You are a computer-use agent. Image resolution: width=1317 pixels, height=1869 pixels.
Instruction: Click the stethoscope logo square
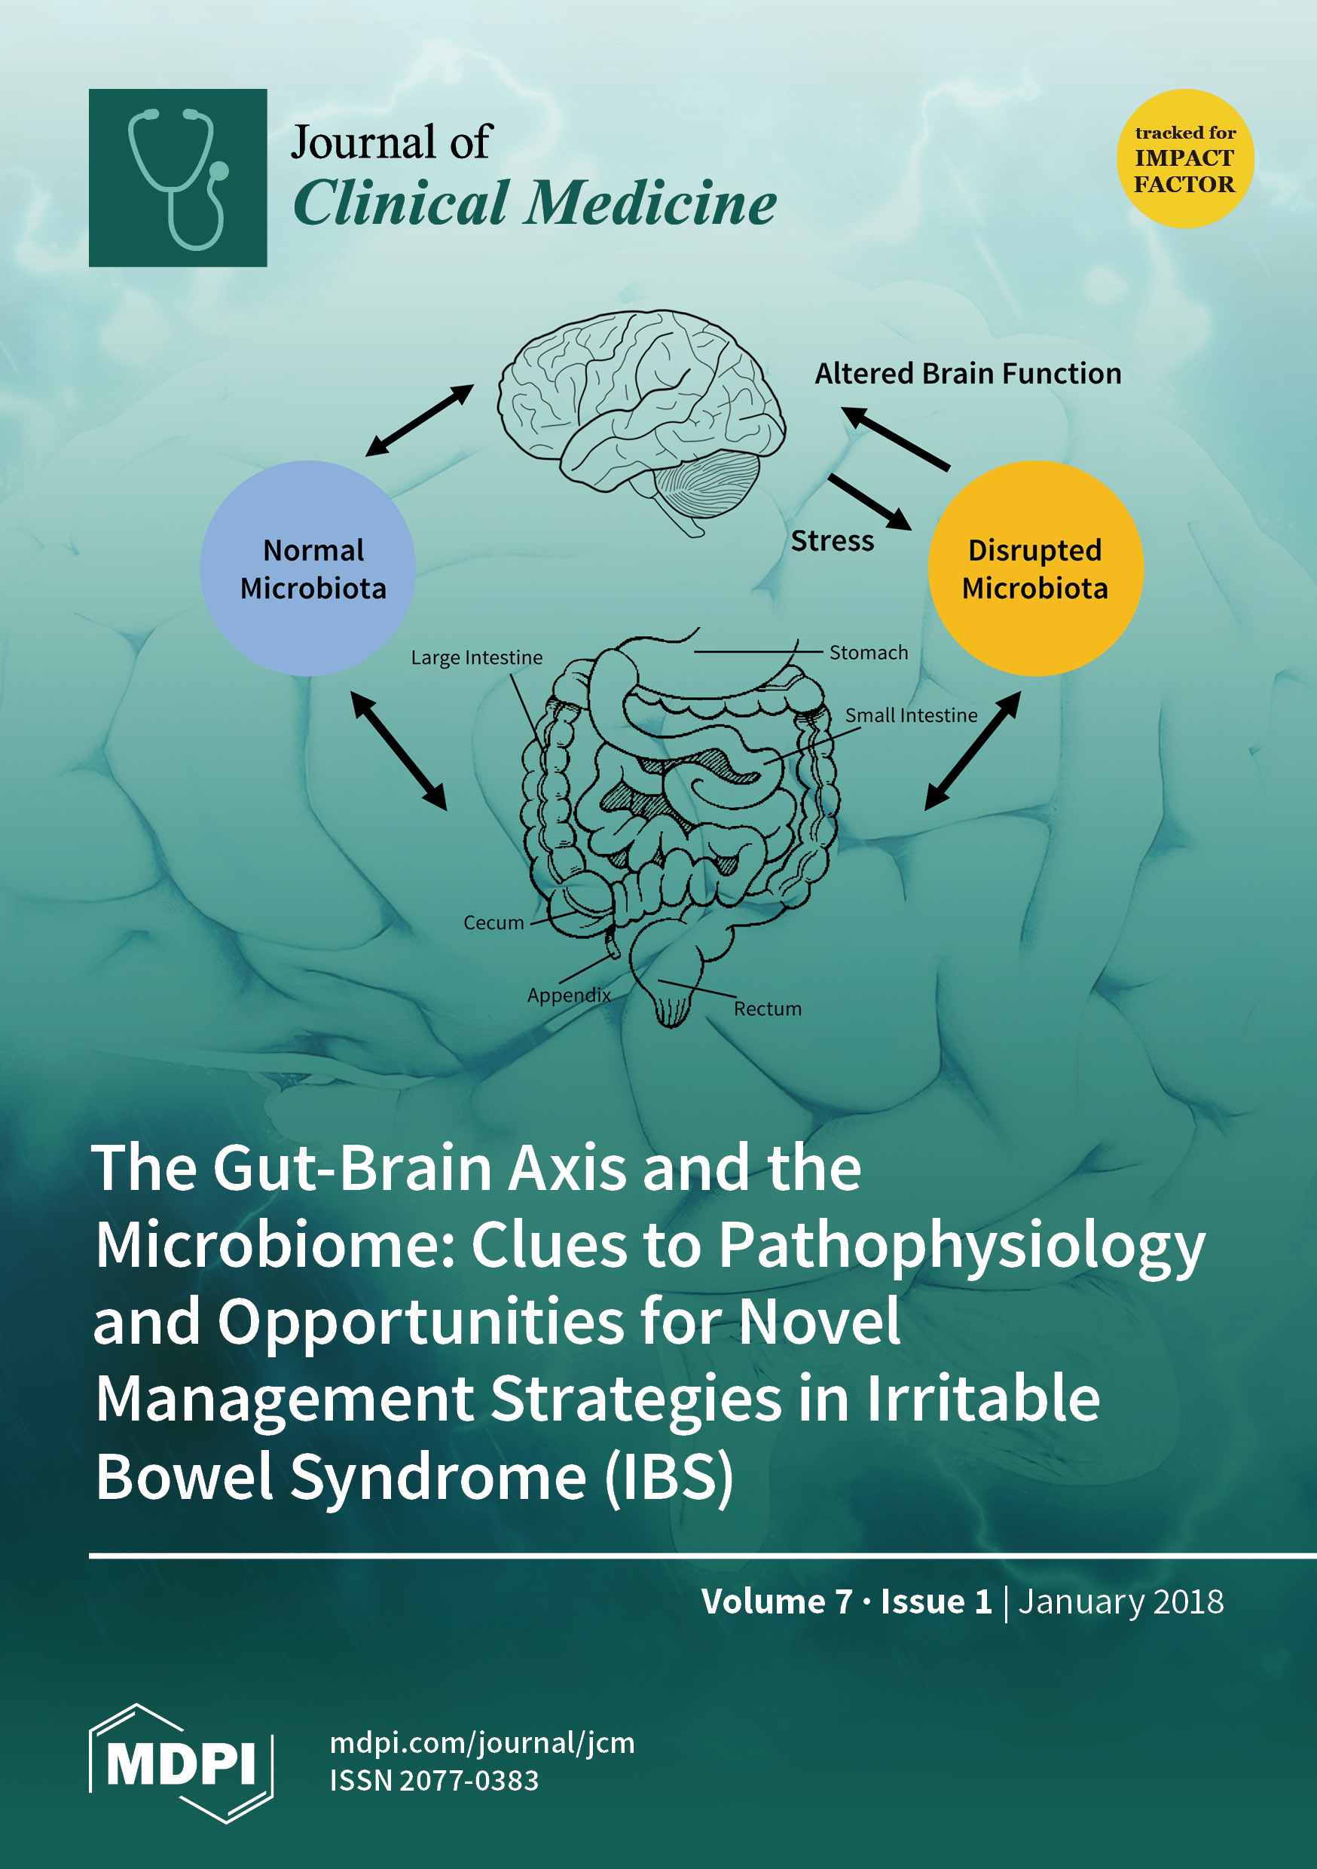point(178,177)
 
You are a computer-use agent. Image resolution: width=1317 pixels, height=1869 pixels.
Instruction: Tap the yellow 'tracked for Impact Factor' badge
point(1184,158)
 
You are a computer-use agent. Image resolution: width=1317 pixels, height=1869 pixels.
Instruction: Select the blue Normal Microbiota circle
point(307,568)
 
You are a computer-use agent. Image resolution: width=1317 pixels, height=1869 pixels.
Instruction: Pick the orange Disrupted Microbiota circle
point(1035,568)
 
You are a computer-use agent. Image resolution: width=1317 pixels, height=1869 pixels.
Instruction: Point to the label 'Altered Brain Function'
point(968,374)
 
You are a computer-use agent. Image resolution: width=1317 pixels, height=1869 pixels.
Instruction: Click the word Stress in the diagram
point(832,540)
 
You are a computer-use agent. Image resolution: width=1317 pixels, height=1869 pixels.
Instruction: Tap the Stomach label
point(869,652)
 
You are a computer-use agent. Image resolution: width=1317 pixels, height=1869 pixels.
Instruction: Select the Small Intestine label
point(911,714)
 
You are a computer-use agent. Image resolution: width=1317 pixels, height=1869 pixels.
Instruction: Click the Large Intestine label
point(476,657)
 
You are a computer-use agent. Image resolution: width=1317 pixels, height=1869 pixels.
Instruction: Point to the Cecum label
point(493,922)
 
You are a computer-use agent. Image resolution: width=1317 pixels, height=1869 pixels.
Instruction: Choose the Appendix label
point(568,995)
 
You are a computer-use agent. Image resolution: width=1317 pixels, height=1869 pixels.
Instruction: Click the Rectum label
point(768,1008)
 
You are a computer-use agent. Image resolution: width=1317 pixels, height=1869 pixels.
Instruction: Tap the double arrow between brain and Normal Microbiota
point(418,420)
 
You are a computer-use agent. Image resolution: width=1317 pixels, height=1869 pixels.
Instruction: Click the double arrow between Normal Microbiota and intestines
point(399,751)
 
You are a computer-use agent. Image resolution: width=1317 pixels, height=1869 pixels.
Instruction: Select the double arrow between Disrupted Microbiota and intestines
point(972,751)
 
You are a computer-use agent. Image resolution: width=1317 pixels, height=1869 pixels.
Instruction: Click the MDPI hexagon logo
point(181,1763)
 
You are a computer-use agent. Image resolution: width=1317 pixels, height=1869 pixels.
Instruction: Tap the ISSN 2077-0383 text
point(434,1780)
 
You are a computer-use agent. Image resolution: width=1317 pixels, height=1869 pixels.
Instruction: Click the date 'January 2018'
point(1120,1601)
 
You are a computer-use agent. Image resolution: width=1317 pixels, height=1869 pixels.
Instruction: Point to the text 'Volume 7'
point(776,1601)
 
